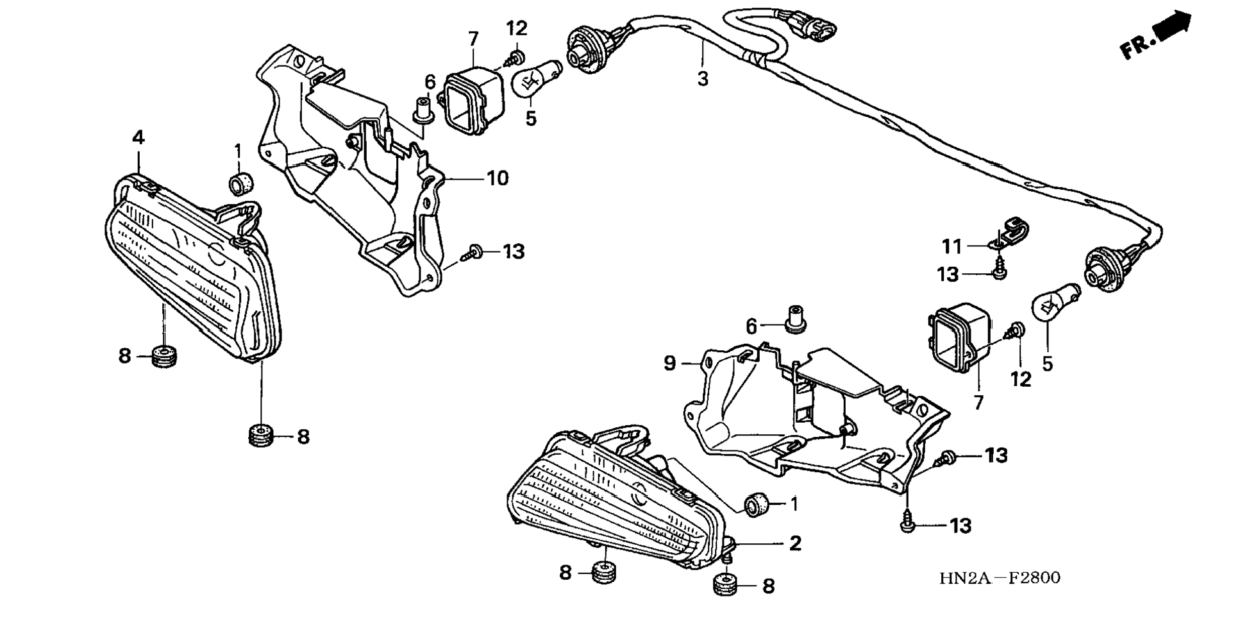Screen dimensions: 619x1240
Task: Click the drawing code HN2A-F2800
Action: point(1000,578)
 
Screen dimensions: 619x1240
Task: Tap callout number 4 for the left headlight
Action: point(138,137)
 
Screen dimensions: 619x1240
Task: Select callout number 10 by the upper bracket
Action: point(498,178)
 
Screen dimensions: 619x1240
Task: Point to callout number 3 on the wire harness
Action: point(703,80)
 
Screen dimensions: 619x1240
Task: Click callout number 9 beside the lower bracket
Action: point(669,364)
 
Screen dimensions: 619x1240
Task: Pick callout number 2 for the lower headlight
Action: point(795,543)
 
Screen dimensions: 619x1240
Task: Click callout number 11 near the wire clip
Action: point(952,246)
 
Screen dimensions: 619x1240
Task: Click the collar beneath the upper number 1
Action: point(241,182)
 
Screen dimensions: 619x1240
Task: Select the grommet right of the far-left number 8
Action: point(165,355)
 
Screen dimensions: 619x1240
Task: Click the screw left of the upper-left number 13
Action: point(473,252)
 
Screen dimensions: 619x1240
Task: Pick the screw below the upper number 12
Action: point(515,56)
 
